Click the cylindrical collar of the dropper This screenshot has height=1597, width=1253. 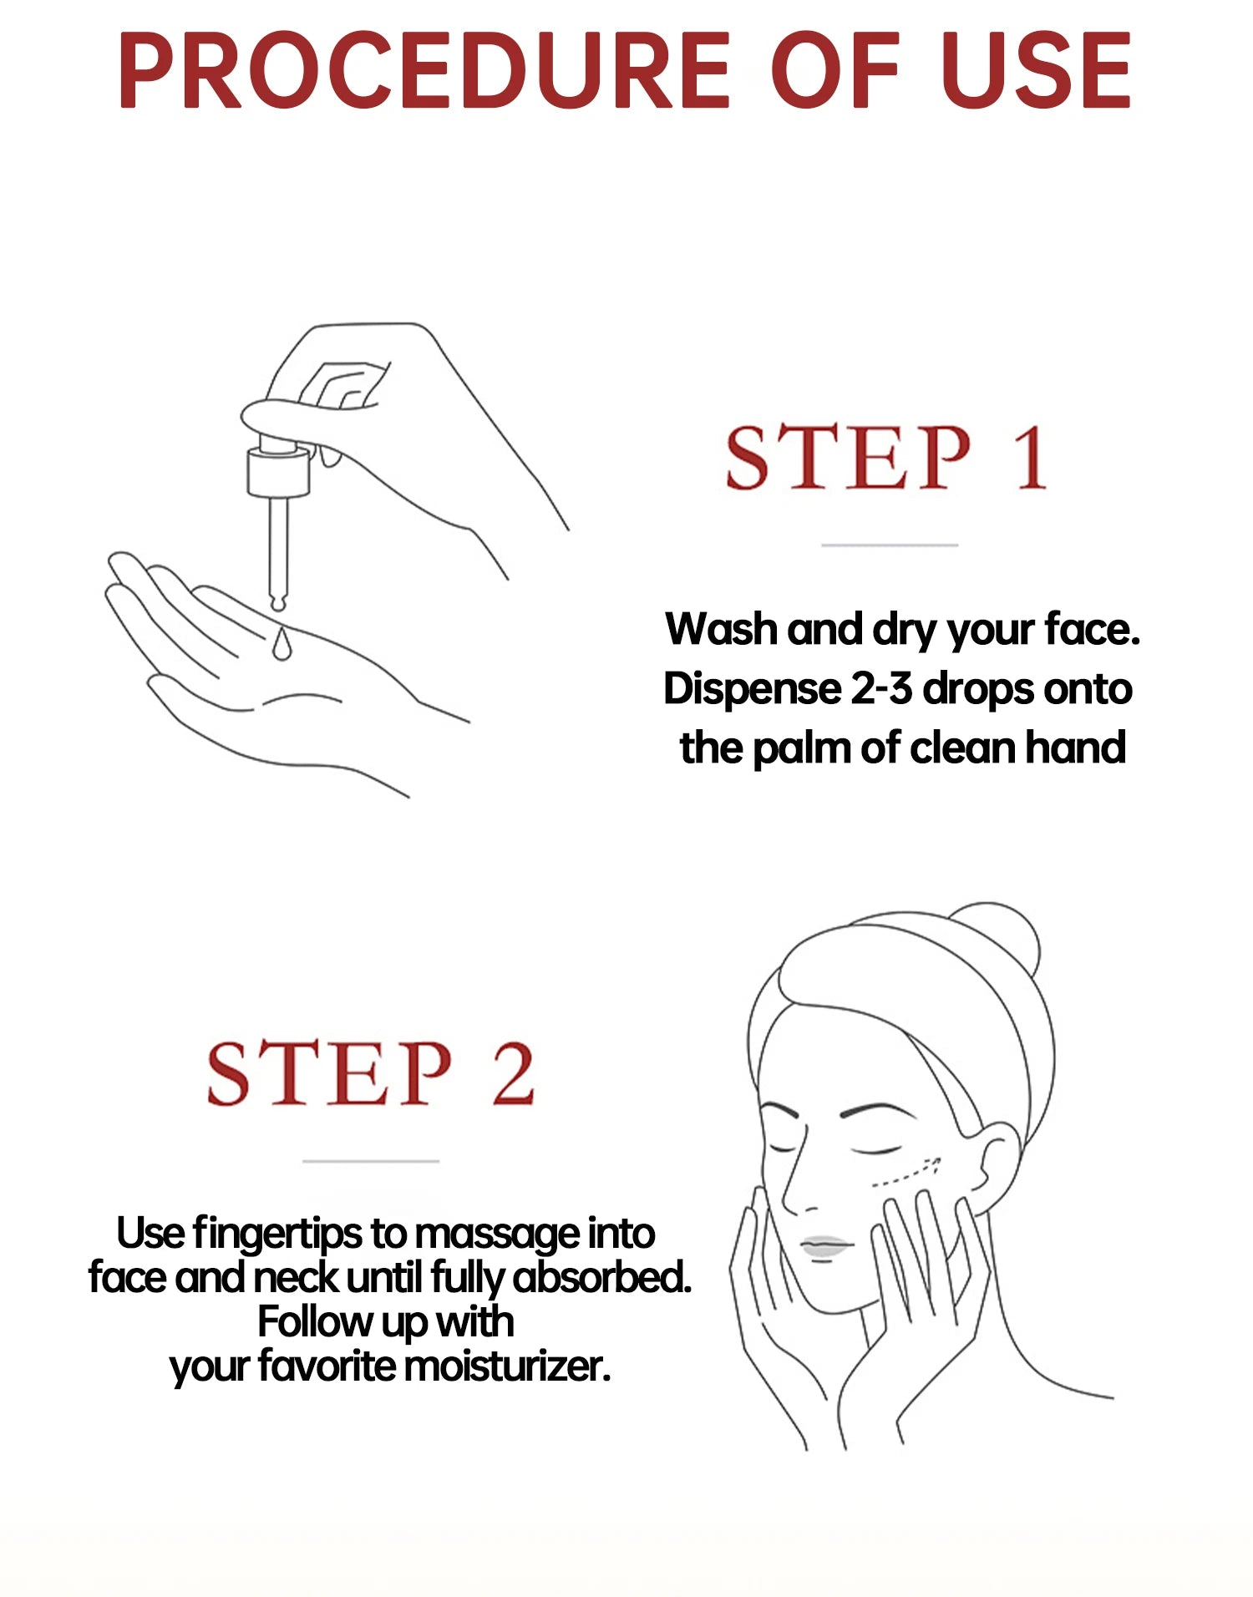coord(278,472)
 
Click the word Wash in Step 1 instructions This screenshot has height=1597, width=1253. coord(721,629)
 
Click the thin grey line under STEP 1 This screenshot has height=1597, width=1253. coord(890,545)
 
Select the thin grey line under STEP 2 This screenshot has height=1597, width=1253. coord(371,1161)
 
